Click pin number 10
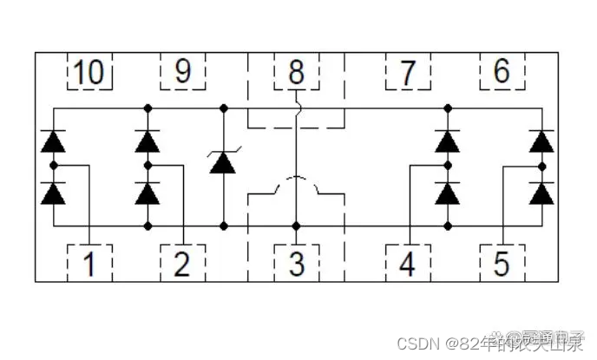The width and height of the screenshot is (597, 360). (x=89, y=72)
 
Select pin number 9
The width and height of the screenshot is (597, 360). (x=182, y=72)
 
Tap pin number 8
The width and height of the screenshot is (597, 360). (x=296, y=72)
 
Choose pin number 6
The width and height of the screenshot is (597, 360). (x=502, y=72)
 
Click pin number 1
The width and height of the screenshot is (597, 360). (x=89, y=262)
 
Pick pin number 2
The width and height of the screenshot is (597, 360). (x=182, y=262)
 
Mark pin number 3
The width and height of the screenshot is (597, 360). (x=296, y=262)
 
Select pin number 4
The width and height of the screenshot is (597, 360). (x=408, y=262)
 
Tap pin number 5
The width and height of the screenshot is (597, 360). (x=502, y=262)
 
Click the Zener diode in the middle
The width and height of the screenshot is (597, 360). (x=224, y=161)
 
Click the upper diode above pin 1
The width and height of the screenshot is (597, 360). (x=54, y=141)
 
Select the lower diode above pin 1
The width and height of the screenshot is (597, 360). (x=54, y=193)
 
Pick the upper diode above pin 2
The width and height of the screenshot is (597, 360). (x=148, y=141)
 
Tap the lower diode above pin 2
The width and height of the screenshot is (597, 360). (x=148, y=193)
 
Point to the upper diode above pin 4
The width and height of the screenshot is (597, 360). (x=448, y=141)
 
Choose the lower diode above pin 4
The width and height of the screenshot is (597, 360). (x=448, y=193)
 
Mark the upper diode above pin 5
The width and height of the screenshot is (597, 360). (x=542, y=141)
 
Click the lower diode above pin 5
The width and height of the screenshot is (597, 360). (x=542, y=193)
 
